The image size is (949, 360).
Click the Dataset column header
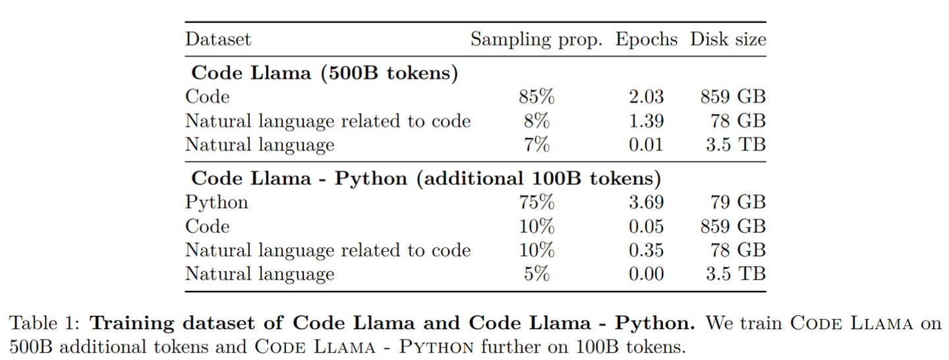click(x=218, y=40)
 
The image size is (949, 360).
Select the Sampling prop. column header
click(x=536, y=40)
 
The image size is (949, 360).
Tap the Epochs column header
click(x=647, y=40)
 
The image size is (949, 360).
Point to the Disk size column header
click(x=728, y=40)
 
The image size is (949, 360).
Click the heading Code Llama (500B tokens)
click(x=324, y=73)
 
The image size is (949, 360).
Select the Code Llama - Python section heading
click(x=426, y=178)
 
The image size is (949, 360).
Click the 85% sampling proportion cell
click(x=536, y=97)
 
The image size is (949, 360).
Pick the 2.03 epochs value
click(x=646, y=97)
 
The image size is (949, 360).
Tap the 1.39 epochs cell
click(x=646, y=121)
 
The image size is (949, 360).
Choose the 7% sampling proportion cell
click(x=536, y=144)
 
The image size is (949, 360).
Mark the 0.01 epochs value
click(x=646, y=144)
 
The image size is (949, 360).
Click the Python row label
click(x=217, y=202)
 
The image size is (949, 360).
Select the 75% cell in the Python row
click(x=536, y=202)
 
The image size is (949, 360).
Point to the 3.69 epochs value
click(x=646, y=202)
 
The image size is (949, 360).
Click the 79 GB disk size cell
click(x=738, y=202)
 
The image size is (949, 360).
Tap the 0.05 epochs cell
click(x=646, y=226)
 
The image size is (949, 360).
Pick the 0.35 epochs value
click(x=646, y=250)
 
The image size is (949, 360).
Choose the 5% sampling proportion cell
click(x=536, y=274)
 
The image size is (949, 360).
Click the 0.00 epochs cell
click(x=646, y=274)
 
